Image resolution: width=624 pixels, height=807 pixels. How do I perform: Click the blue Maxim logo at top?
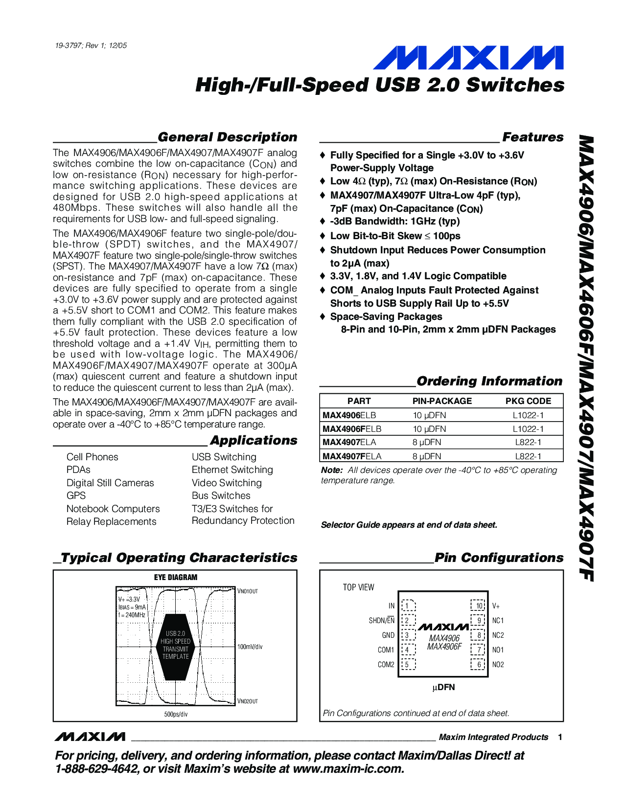[x=468, y=58]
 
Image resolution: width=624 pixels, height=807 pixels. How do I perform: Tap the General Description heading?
[x=227, y=137]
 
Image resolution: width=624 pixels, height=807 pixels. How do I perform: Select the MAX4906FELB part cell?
[x=352, y=429]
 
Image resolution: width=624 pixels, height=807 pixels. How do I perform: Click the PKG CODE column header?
[x=528, y=401]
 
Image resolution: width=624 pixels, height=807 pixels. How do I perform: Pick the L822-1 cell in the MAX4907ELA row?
[x=528, y=442]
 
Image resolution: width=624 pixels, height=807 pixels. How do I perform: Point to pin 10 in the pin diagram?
[x=478, y=605]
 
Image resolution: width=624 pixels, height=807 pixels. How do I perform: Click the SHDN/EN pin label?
[x=381, y=621]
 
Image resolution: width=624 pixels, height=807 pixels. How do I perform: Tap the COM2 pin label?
[x=386, y=665]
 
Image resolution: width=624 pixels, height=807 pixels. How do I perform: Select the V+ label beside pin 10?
[x=496, y=606]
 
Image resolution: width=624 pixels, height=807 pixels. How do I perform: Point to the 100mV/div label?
[x=250, y=647]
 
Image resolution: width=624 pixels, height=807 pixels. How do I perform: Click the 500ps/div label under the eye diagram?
[x=176, y=715]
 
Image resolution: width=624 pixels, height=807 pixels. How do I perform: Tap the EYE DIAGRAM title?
[x=176, y=578]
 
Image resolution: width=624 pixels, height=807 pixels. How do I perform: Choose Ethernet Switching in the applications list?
[x=232, y=470]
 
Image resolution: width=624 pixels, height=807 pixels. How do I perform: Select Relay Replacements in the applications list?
[x=111, y=521]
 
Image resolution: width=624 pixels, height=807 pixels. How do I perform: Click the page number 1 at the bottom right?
[x=560, y=737]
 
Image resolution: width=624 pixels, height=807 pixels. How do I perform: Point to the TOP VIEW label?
[x=358, y=587]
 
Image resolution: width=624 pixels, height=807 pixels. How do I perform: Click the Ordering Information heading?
[x=489, y=381]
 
